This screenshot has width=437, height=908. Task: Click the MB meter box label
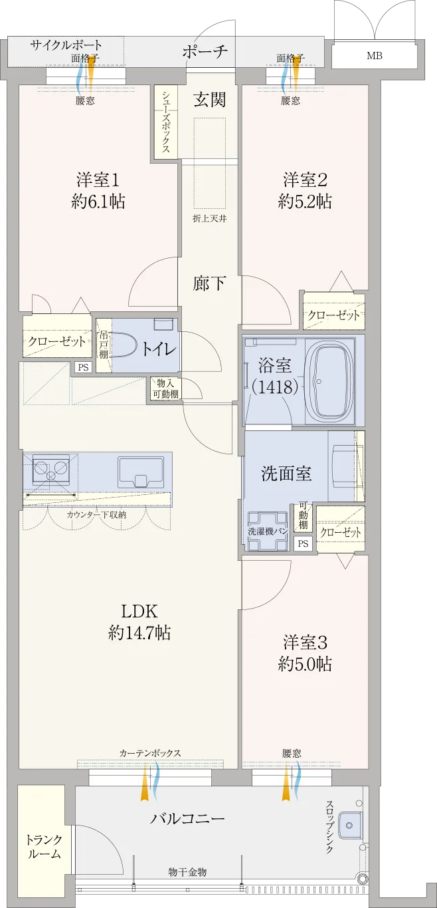pos(375,56)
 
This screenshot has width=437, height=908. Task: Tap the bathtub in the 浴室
pos(329,380)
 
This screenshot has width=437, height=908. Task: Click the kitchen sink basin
pos(141,472)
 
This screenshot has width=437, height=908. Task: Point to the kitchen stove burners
pos(51,470)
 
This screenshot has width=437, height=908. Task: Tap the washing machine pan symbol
pos(268,531)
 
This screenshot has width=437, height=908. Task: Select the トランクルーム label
pos(44,847)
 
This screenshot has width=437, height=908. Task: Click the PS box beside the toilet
pos(84,367)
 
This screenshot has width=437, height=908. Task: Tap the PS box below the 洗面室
pos(303,543)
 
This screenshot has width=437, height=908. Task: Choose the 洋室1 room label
pos(98,180)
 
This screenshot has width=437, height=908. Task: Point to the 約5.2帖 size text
pos(305,202)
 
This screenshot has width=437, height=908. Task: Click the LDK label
pos(139,611)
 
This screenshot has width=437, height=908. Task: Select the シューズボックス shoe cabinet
pos(165,121)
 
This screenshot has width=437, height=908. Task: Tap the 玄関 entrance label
pos(209,99)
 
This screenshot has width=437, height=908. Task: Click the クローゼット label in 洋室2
pos(334,315)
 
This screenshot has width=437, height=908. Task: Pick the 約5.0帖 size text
pos(305,665)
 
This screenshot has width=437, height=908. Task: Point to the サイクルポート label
pos(66,45)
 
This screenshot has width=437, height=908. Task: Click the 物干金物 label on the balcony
pos(187,872)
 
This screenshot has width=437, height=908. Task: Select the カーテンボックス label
pos(149,753)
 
